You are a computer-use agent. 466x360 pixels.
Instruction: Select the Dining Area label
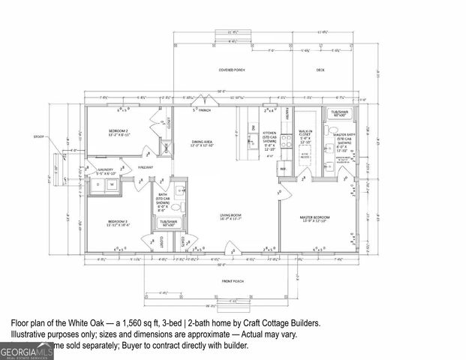tap(203, 142)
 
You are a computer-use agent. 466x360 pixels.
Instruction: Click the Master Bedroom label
tap(317, 217)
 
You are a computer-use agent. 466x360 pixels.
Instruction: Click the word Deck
tap(320, 69)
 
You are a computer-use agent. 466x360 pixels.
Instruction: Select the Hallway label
tap(145, 167)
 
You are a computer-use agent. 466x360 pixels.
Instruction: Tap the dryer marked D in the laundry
tap(99, 184)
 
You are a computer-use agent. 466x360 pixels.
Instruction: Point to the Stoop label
tap(39, 137)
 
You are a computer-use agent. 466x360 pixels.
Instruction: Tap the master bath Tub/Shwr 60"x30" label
tap(339, 113)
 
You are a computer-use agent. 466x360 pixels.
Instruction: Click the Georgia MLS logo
tap(27, 350)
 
